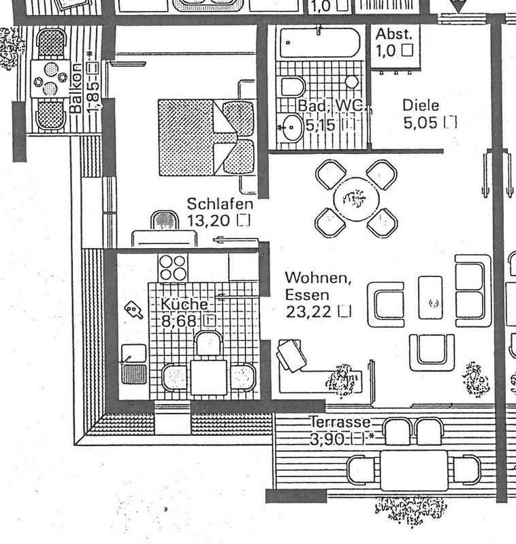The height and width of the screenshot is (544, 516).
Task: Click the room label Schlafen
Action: [220, 204]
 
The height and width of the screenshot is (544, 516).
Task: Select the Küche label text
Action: [184, 304]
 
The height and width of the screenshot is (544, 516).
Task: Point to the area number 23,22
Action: [308, 311]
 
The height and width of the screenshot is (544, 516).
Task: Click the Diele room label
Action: [421, 105]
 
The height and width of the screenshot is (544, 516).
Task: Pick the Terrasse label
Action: [340, 422]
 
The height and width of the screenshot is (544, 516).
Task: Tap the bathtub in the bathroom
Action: [320, 43]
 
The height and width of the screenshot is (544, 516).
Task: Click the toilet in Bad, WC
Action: [292, 86]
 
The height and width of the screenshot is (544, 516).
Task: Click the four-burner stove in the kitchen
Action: [173, 268]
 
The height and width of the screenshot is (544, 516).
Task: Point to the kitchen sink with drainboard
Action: [133, 364]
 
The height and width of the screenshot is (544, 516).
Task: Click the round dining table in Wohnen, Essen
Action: [356, 199]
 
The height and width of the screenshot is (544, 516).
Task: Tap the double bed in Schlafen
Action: [207, 137]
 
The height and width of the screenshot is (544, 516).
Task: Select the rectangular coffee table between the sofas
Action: [430, 297]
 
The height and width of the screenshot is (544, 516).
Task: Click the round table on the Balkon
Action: [50, 79]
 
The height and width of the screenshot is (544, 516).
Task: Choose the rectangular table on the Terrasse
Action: [414, 470]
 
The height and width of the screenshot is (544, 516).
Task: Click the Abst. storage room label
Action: [393, 35]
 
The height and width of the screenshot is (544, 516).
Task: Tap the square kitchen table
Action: [208, 377]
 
